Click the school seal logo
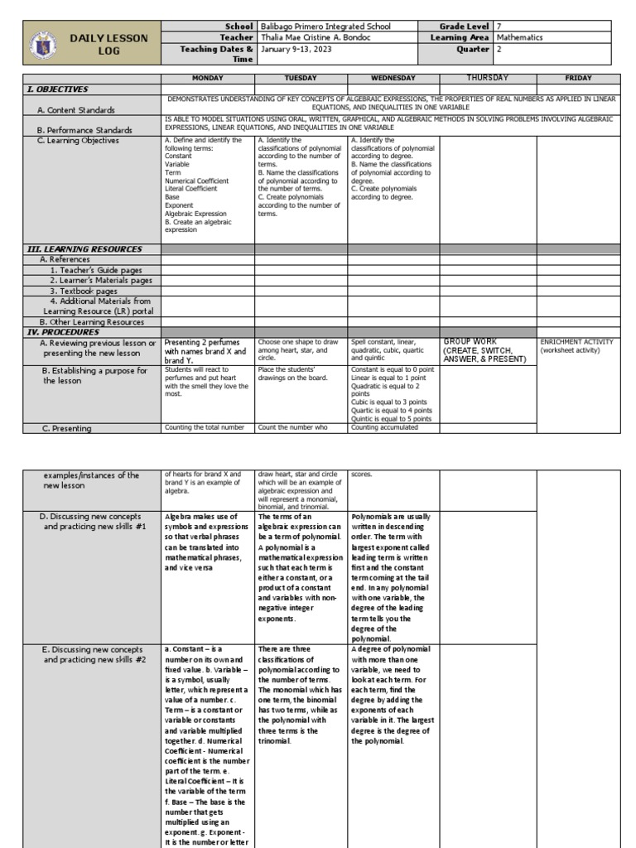tap(43, 44)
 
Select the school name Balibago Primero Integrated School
tap(326, 26)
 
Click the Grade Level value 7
tap(499, 26)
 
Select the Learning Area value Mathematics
tap(519, 37)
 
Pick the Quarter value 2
tap(499, 48)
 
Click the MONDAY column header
tap(207, 78)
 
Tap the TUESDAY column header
tap(301, 78)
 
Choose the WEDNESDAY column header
tap(393, 78)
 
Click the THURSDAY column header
tap(488, 78)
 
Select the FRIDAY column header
tap(578, 78)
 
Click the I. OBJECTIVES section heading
tap(58, 89)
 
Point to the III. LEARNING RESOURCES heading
tap(84, 248)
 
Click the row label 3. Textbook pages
tap(84, 291)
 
